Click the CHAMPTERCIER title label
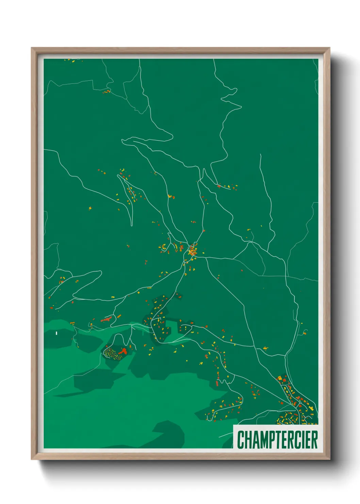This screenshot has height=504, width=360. click(x=277, y=440)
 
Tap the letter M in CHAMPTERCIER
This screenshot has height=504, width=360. click(x=259, y=440)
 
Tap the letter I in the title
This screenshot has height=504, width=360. click(x=305, y=440)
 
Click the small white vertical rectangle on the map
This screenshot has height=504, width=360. click(x=56, y=333)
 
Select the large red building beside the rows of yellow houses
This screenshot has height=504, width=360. click(x=123, y=351)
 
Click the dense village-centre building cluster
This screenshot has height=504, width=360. click(x=192, y=251)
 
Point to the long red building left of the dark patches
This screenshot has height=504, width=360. click(x=107, y=319)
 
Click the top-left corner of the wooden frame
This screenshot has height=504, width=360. click(x=32, y=48)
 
